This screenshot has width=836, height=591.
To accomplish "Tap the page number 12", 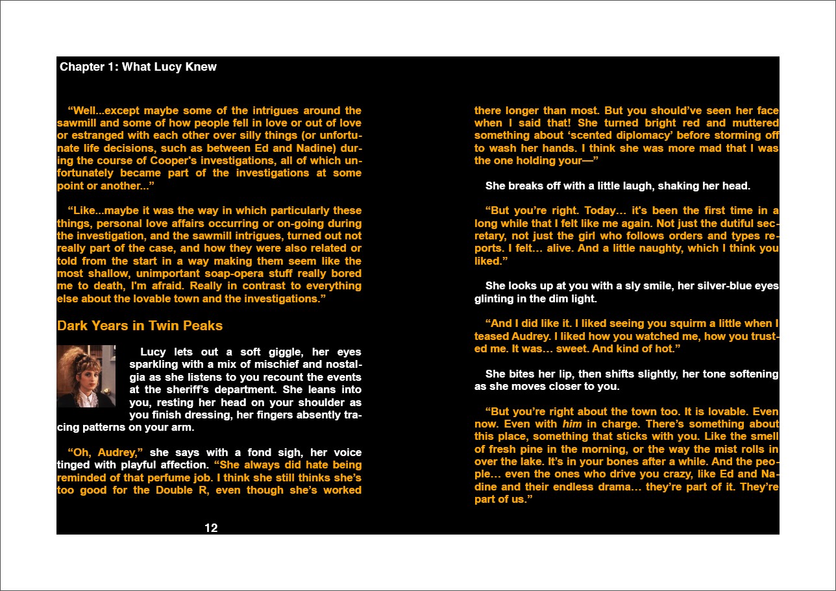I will [211, 528].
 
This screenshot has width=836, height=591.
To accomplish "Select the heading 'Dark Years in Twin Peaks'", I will [140, 326].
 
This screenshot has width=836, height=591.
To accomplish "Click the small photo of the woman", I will [86, 376].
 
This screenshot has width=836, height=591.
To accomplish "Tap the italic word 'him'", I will [572, 424].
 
